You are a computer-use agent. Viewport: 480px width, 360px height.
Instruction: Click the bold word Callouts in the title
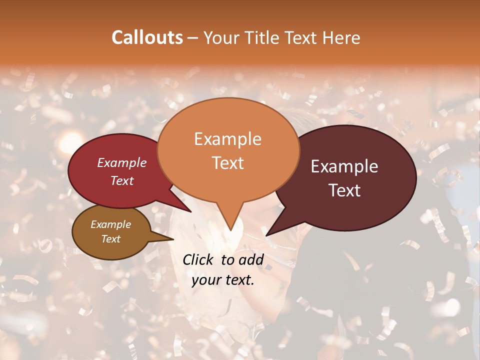[147, 37]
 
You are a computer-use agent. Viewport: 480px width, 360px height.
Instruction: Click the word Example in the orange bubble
[227, 139]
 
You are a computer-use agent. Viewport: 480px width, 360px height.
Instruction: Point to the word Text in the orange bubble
[227, 163]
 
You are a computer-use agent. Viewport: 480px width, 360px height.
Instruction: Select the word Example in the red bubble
[121, 162]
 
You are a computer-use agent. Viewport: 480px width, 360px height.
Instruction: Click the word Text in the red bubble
[122, 180]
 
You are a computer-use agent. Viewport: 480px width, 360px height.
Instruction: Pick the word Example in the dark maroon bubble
[344, 166]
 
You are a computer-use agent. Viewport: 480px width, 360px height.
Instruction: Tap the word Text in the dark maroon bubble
[345, 190]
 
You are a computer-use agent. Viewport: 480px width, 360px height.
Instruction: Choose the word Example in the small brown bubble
[110, 224]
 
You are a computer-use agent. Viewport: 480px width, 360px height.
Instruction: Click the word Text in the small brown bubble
[110, 239]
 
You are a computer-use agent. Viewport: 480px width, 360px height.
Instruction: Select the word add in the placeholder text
[250, 259]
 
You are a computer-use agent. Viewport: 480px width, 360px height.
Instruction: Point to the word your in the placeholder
[205, 280]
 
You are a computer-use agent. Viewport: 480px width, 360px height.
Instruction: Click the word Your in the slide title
[220, 37]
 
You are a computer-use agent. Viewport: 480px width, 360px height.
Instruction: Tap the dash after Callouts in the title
[193, 38]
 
